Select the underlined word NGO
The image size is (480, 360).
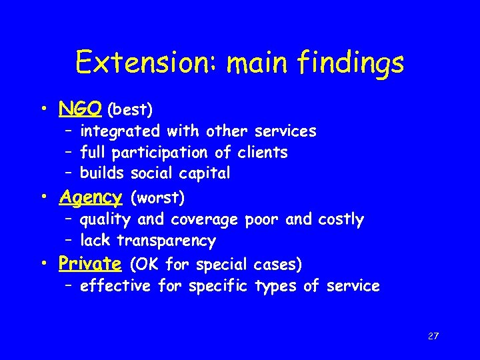(80, 107)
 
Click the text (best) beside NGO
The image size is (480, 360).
(130, 109)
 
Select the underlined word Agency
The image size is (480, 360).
(90, 198)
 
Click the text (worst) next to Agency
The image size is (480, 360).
(158, 198)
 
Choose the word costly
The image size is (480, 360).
(341, 220)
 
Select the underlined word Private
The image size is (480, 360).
(89, 264)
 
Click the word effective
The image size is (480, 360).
(116, 287)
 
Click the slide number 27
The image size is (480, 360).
(433, 337)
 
